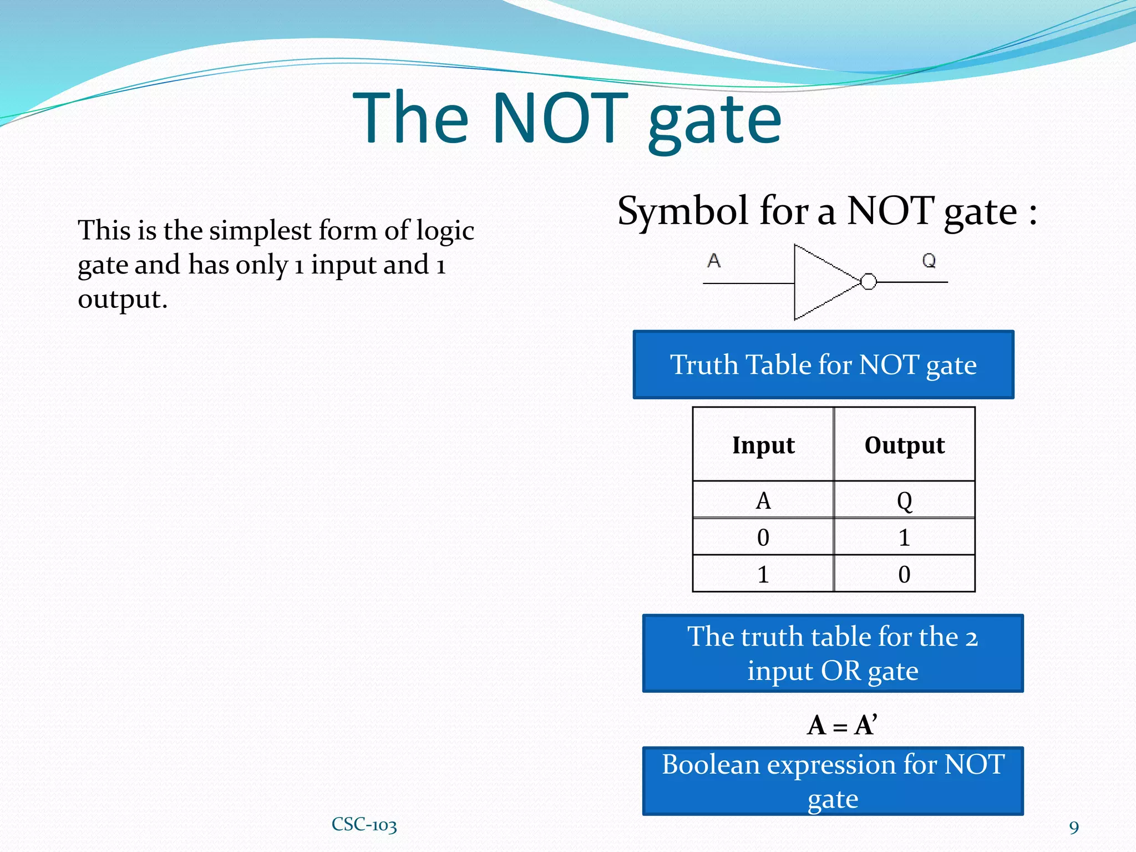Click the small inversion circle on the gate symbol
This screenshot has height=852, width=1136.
point(869,282)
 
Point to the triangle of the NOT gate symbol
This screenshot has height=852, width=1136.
point(821,282)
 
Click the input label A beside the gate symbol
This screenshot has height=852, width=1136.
point(714,260)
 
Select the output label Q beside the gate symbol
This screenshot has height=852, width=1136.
point(929,260)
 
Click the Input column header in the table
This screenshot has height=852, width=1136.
point(763,445)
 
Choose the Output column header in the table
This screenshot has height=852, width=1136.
point(904,445)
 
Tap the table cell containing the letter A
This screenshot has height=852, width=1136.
point(763,501)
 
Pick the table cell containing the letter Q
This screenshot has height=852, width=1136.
point(904,501)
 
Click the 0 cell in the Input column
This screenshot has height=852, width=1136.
point(763,537)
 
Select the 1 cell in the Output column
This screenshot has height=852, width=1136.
point(904,537)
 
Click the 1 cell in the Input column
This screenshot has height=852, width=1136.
point(763,574)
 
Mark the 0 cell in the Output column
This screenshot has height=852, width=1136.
point(904,574)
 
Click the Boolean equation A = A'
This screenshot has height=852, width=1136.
point(841,725)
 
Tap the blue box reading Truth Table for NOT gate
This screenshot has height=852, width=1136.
point(823,364)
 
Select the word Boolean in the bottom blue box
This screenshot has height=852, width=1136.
point(711,765)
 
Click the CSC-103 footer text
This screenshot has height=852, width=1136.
point(364,824)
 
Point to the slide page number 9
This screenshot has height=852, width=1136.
point(1074,828)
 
